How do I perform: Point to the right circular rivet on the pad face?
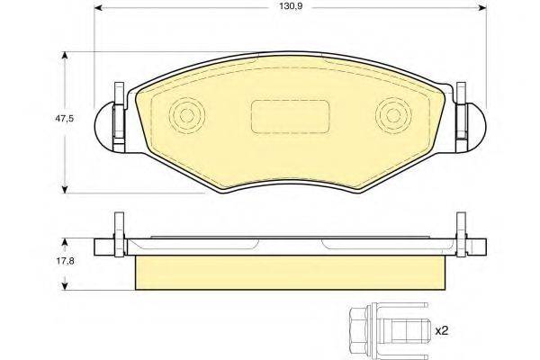(392, 116)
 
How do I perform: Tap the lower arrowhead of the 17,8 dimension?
(65, 285)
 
